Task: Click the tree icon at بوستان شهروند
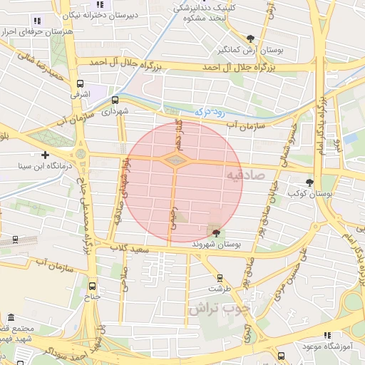[216, 232]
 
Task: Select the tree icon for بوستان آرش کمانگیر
[250, 38]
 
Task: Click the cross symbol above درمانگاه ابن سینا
[46, 154]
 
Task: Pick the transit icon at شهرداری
[115, 100]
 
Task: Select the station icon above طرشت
[219, 278]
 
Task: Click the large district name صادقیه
[246, 174]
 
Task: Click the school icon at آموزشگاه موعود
[327, 335]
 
